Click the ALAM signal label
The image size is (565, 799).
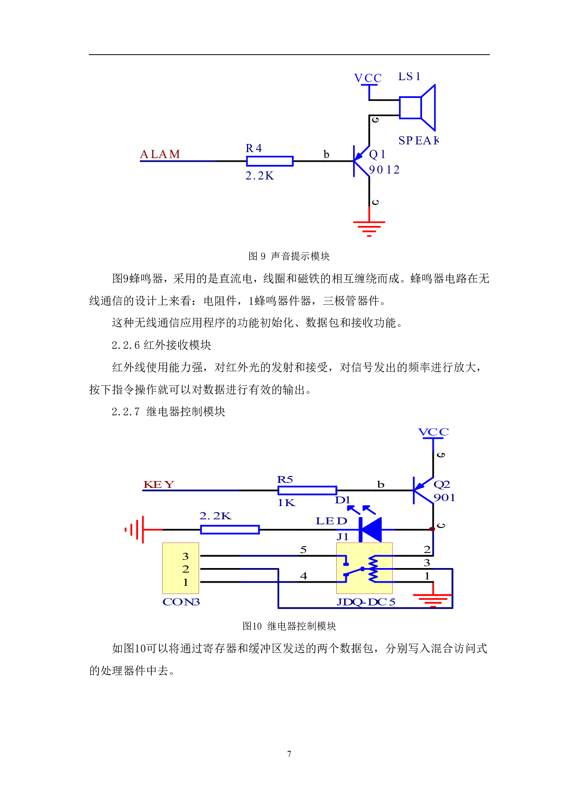160,154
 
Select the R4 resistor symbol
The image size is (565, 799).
270,161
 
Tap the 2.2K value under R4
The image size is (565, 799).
260,176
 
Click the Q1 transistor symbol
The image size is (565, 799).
362,161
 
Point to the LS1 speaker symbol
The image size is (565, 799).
417,108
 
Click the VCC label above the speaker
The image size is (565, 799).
368,78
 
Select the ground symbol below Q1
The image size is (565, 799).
369,228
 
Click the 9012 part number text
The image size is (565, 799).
384,170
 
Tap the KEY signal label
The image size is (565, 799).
159,484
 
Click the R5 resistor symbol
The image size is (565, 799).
308,490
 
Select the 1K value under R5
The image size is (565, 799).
286,502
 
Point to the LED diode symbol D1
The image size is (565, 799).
370,529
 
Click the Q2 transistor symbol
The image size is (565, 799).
423,490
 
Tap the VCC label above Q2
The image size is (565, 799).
433,432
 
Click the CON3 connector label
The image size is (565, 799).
181,602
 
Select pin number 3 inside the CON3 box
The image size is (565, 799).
185,556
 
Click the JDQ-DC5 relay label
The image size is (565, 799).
365,602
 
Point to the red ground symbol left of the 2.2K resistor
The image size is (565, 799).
135,529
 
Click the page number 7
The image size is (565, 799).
289,754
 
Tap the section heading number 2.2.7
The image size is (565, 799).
126,412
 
